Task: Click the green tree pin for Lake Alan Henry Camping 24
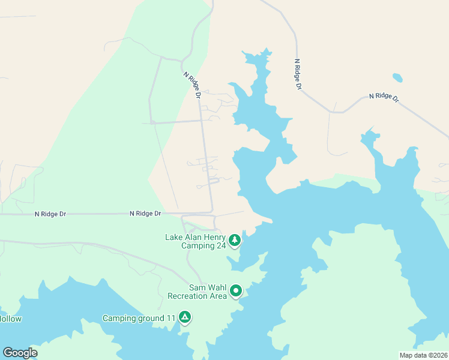pos(234,241)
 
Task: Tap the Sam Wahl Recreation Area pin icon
pos(236,291)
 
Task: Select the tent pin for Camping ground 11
pos(185,317)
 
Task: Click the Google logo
pos(20,352)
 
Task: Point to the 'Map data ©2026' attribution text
pos(423,355)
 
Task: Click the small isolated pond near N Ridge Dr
pos(397,77)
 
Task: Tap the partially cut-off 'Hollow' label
pos(10,319)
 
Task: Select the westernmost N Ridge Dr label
pos(50,214)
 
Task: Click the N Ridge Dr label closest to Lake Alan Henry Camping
pos(146,214)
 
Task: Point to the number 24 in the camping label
pos(221,245)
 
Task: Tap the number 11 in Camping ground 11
pos(170,318)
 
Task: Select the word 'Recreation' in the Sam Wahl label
pos(188,296)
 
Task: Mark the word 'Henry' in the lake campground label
pos(214,237)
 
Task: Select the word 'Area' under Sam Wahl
pos(218,296)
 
